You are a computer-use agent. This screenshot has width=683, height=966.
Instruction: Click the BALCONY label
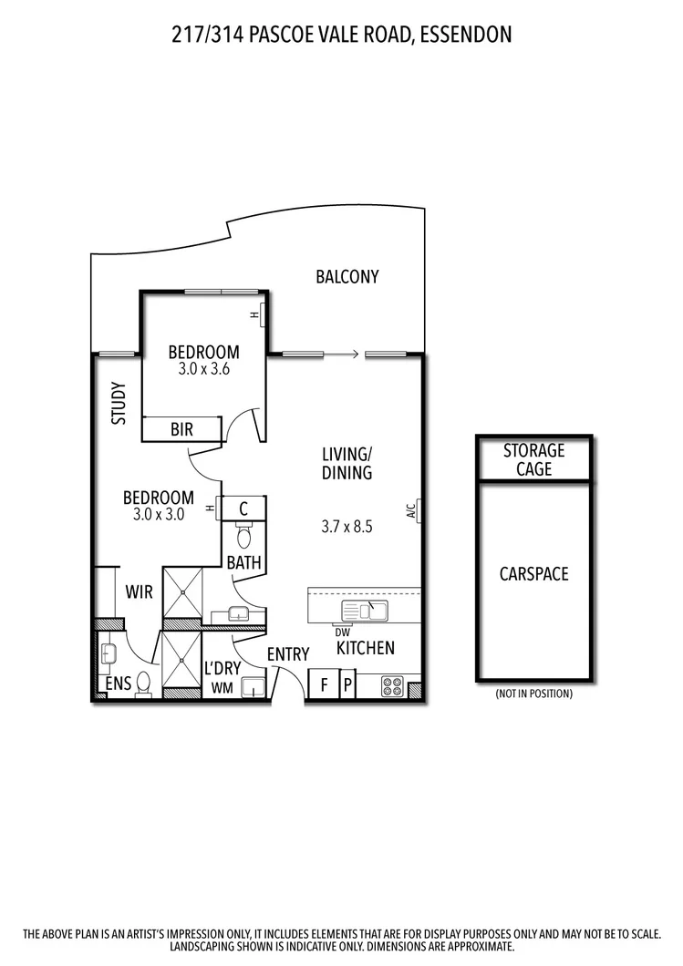(x=347, y=277)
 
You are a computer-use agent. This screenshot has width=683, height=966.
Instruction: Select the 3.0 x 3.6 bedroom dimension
(x=203, y=371)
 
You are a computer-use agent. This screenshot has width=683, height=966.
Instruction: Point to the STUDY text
(x=118, y=403)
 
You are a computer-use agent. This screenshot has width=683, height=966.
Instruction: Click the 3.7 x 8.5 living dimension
(x=347, y=526)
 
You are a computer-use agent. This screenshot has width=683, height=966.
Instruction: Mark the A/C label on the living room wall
(x=411, y=510)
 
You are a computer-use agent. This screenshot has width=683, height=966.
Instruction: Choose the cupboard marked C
(x=244, y=509)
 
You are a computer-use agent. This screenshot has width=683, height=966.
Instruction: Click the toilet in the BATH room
(x=243, y=533)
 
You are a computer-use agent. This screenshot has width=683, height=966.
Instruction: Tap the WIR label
(x=139, y=591)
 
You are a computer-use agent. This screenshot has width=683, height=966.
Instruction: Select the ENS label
(x=118, y=683)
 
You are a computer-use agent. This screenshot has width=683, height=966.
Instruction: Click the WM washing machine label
(x=222, y=688)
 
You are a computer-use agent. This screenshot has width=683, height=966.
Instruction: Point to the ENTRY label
(x=287, y=654)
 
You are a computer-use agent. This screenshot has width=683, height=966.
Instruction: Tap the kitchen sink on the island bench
(x=363, y=610)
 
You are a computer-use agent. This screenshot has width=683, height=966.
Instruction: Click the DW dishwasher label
(x=342, y=632)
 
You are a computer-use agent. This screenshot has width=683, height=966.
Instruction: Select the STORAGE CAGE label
(x=534, y=459)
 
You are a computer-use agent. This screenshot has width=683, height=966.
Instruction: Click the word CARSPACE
(x=534, y=574)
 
